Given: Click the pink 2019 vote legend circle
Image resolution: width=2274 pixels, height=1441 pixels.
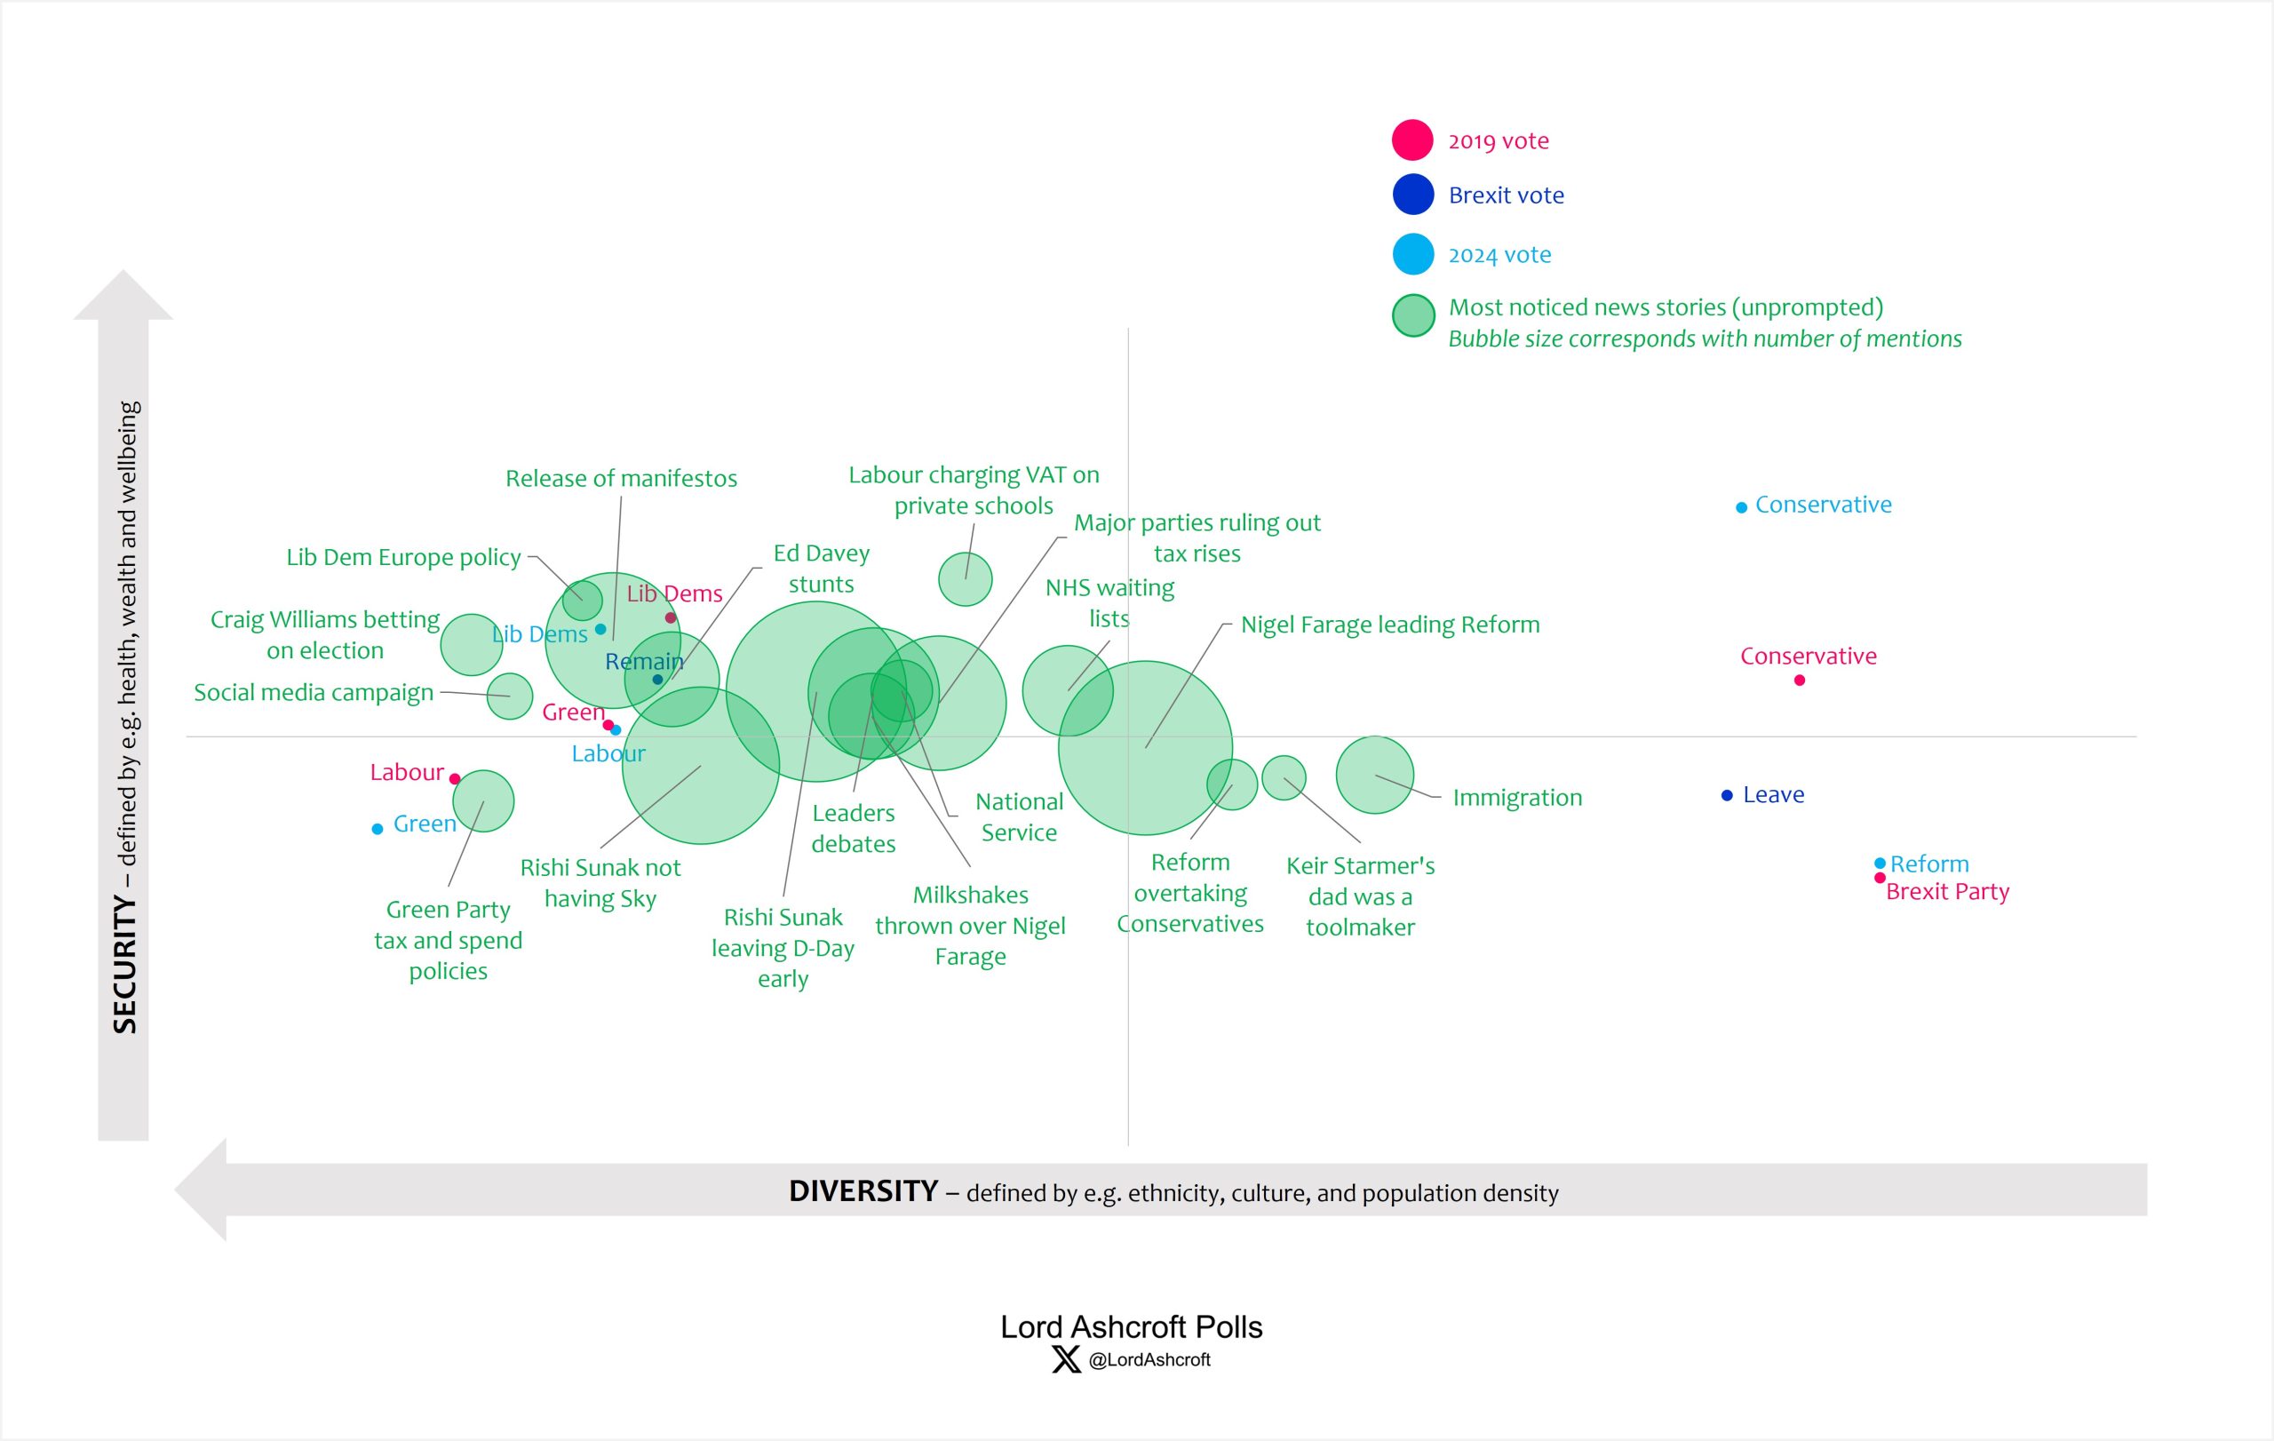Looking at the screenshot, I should tap(1412, 140).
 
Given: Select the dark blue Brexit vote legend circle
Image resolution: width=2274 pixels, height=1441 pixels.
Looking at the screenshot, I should tap(1412, 195).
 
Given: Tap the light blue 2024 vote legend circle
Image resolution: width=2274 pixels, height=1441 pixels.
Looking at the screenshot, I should tap(1412, 255).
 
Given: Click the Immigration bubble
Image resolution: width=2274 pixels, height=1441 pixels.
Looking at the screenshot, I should tap(1374, 776).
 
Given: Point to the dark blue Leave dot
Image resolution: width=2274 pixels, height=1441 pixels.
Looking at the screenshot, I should tap(1727, 796).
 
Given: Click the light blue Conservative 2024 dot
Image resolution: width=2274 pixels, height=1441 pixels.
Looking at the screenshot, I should tap(1741, 508).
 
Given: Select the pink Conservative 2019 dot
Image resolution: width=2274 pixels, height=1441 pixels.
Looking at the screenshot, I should tap(1799, 681).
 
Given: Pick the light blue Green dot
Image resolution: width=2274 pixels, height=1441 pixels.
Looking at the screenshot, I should tap(378, 829).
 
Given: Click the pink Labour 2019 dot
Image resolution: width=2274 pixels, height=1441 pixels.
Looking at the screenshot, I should tap(455, 779).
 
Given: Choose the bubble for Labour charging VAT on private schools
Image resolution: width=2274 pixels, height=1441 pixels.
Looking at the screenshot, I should tap(966, 579).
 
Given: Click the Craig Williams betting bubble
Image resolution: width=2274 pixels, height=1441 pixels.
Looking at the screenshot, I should tap(471, 645).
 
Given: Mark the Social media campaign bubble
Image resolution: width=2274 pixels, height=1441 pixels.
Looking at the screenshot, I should tap(510, 697).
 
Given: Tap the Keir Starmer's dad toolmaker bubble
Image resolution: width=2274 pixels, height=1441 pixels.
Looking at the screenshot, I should tap(1284, 778).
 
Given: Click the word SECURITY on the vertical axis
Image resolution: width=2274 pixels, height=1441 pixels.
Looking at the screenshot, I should tap(125, 964).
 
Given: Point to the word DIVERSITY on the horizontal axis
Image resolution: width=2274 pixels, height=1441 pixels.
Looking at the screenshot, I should tap(863, 1191).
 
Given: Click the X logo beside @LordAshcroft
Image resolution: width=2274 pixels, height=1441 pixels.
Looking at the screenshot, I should tap(1066, 1360).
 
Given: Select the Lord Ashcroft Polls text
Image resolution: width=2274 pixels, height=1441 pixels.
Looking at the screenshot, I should tap(1131, 1327).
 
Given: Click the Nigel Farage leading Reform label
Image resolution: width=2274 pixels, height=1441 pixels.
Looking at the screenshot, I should tap(1389, 625).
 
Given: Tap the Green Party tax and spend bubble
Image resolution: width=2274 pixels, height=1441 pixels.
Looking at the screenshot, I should tap(483, 801).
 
